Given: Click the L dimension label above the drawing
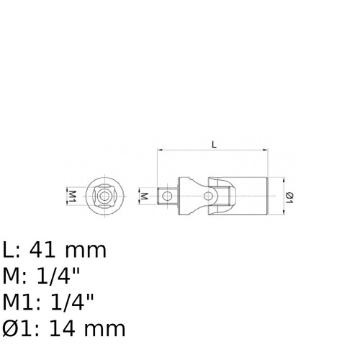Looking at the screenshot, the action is coord(215,145).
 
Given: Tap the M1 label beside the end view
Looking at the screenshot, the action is coord(72,197).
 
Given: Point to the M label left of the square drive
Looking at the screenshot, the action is coord(144,196).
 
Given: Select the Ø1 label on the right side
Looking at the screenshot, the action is coord(289,197).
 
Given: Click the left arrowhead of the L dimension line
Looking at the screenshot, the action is coord(160,150).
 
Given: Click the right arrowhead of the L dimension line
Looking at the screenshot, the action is coord(265,150).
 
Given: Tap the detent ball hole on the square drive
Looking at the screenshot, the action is coord(167,197).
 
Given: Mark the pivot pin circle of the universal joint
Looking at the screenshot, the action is coord(208,197).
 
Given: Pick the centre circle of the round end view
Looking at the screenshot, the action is coord(104,197).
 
